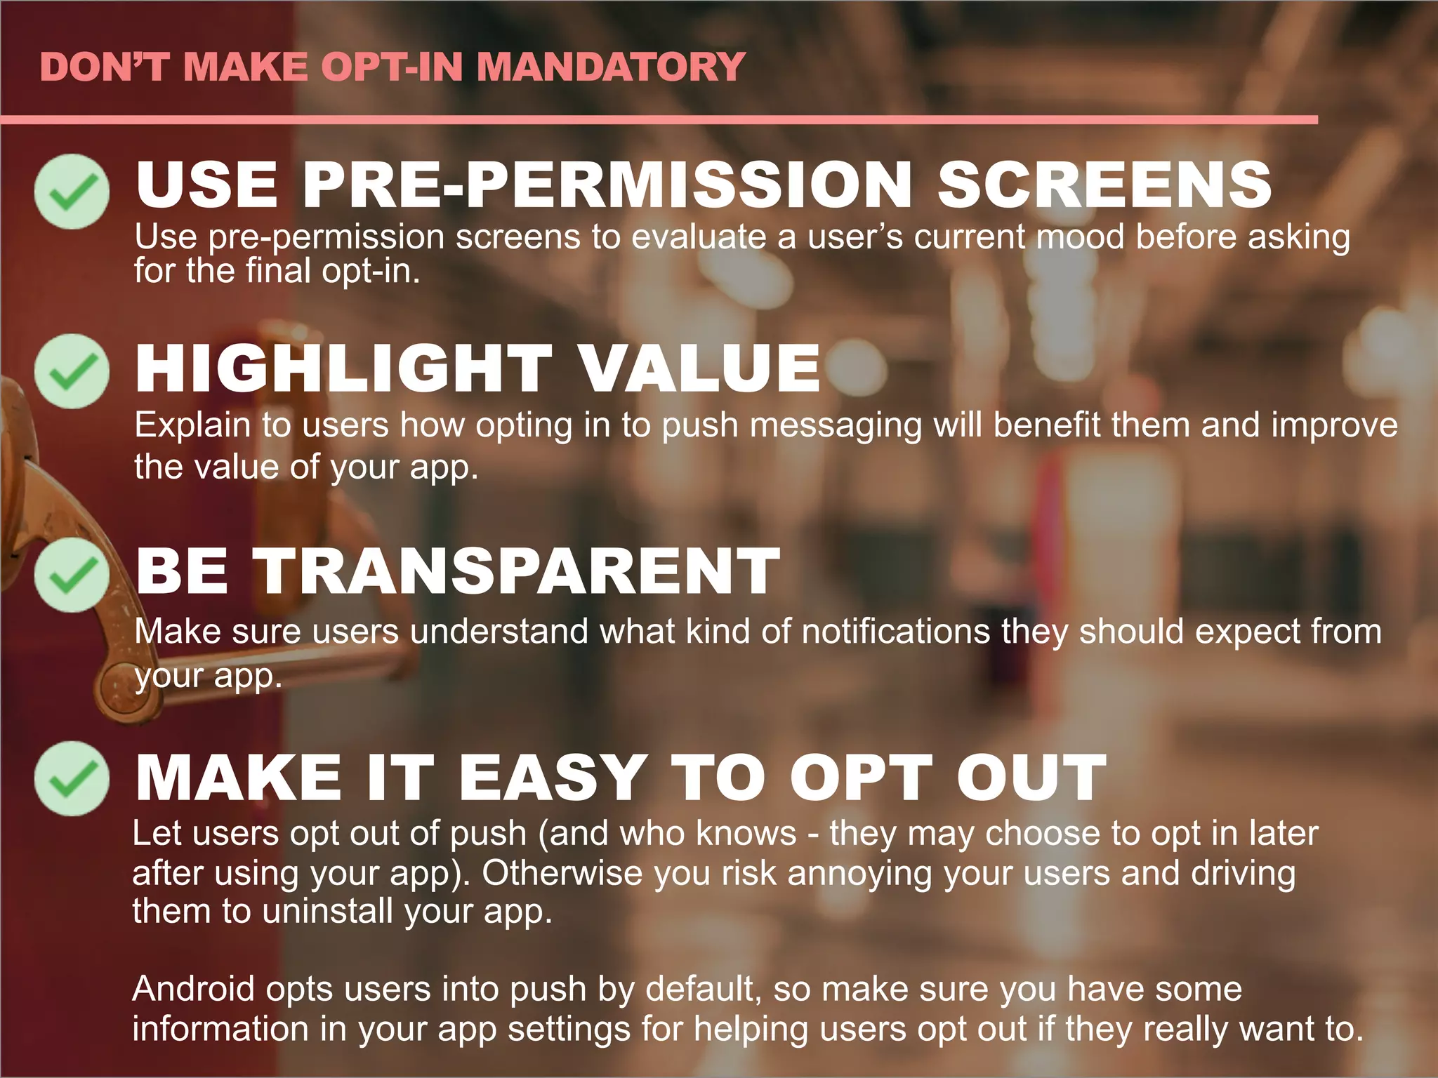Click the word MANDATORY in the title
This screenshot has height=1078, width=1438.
(x=610, y=67)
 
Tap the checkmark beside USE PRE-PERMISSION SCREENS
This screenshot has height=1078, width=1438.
(x=72, y=191)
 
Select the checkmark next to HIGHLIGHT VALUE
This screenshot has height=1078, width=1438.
(x=72, y=371)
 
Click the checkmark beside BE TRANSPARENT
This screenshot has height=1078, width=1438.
(x=72, y=575)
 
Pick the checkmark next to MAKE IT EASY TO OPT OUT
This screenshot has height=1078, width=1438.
(x=72, y=778)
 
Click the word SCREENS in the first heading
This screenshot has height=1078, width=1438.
(x=1104, y=185)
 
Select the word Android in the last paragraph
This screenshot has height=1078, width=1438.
(x=193, y=989)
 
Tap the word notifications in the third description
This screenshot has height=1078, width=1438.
(x=896, y=631)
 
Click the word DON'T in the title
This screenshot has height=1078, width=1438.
(x=105, y=67)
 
